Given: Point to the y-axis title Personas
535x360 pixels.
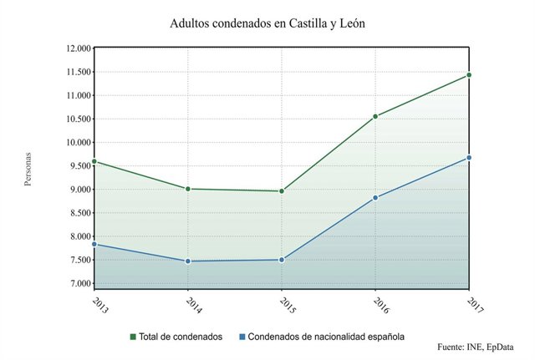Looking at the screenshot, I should tap(28, 168).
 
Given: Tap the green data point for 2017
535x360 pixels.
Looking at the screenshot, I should tap(470, 75).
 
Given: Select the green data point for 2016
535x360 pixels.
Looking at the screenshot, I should tap(376, 116).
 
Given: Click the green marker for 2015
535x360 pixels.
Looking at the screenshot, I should tap(282, 191).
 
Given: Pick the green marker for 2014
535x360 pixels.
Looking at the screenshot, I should tap(188, 189).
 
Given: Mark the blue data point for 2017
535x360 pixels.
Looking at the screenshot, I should tap(470, 158).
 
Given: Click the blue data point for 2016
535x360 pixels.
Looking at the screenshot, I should tap(376, 198).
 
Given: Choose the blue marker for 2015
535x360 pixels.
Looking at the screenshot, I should tap(282, 260).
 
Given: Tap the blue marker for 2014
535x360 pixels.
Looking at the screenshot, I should tap(188, 261).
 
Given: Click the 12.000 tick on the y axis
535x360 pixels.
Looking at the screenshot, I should tap(77, 48).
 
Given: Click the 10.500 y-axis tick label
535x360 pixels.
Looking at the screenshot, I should tap(77, 119).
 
